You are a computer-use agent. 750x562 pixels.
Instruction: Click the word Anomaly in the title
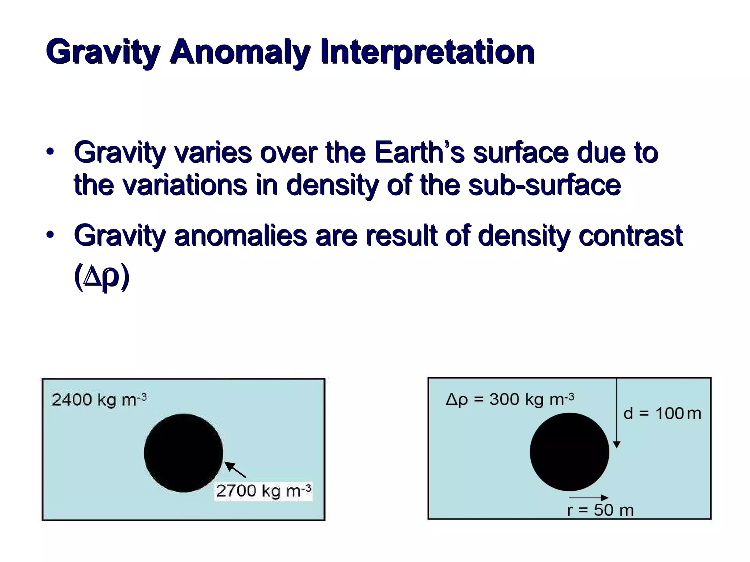(x=240, y=52)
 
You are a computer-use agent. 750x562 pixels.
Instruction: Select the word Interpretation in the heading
(x=427, y=52)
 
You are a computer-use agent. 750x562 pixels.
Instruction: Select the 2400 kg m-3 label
(x=99, y=400)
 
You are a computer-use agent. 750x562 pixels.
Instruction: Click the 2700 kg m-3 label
(x=263, y=491)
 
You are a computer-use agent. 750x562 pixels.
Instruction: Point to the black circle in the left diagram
(x=183, y=453)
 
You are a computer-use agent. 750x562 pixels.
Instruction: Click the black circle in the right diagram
(x=569, y=452)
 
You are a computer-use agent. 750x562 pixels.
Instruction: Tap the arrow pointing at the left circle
(x=235, y=470)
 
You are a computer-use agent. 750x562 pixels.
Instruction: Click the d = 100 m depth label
(x=662, y=414)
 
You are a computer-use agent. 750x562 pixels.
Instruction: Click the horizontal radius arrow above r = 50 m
(x=589, y=498)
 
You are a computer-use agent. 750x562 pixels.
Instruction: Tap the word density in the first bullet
(x=331, y=185)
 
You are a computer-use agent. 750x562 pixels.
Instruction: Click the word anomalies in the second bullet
(x=240, y=235)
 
